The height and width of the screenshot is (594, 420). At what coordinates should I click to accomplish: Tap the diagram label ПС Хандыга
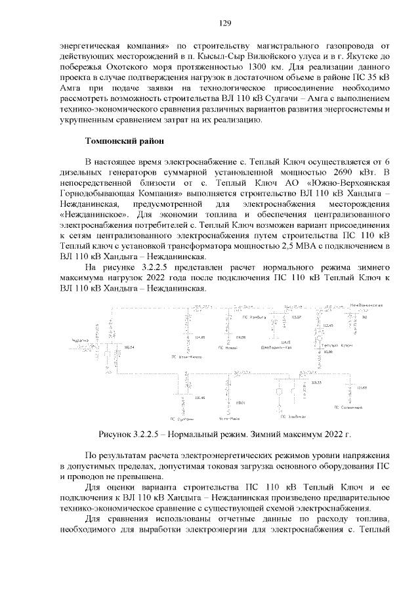[254, 316]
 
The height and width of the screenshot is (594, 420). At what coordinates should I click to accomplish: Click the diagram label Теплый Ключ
[337, 345]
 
